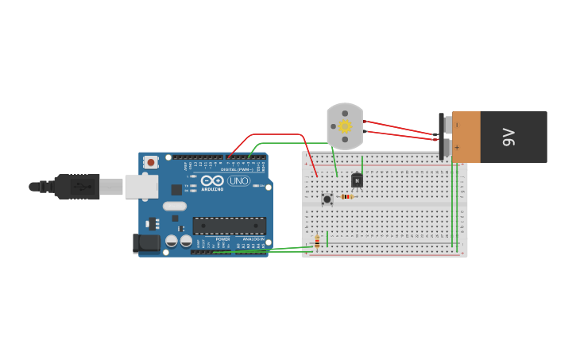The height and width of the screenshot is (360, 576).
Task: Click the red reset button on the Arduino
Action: (150, 162)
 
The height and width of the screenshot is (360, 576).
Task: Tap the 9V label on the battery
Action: (509, 137)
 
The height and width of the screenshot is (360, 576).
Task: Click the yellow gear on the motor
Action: (345, 126)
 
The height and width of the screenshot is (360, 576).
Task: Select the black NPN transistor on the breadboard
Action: (357, 181)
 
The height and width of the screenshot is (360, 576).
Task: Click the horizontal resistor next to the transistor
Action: (346, 196)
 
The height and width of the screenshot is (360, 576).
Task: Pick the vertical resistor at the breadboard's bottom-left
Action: (317, 242)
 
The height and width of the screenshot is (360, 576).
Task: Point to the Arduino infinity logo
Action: (212, 181)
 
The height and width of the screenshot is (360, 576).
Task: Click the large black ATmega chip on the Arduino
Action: (229, 226)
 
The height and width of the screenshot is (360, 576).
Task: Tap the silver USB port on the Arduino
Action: (141, 187)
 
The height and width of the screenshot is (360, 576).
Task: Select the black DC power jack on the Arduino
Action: (147, 242)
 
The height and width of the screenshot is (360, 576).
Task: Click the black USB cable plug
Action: (77, 187)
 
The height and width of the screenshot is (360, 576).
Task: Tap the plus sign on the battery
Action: (457, 148)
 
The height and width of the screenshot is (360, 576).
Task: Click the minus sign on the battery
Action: (457, 125)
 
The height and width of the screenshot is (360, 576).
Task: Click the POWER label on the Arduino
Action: (223, 238)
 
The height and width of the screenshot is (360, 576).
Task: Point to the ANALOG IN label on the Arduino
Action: (252, 238)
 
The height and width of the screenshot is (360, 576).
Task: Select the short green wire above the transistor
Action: (362, 164)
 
